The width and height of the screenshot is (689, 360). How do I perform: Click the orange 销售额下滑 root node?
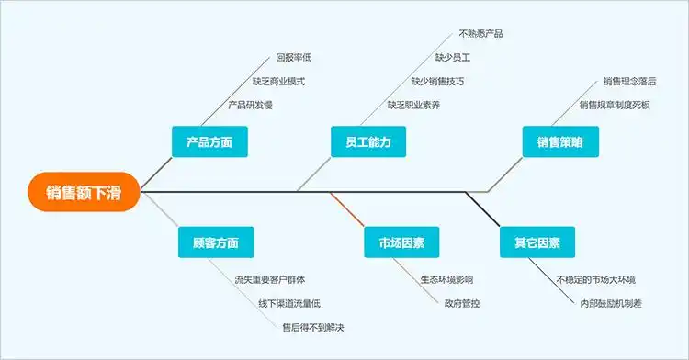tap(83, 192)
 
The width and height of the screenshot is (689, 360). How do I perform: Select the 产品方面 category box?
tap(209, 142)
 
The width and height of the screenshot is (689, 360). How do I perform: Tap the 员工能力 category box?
tap(368, 142)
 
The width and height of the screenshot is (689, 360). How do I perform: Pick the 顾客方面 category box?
tap(216, 243)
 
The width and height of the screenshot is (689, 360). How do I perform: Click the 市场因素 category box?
tap(401, 243)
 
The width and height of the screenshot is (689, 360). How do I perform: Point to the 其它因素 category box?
tap(537, 243)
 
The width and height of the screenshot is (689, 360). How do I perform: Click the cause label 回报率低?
tap(294, 57)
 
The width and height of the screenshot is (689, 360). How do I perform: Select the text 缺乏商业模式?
tap(278, 81)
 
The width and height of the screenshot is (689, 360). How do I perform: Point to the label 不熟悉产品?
tap(480, 34)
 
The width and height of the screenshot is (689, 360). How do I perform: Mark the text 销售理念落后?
tap(629, 82)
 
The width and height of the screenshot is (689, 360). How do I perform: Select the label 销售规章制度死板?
tap(615, 106)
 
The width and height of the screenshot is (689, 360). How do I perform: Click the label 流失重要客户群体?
tap(270, 279)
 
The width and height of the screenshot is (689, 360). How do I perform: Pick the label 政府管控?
tap(461, 303)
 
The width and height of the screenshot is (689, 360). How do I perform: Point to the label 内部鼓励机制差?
tap(611, 303)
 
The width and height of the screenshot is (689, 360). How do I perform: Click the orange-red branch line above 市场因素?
tap(347, 209)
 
